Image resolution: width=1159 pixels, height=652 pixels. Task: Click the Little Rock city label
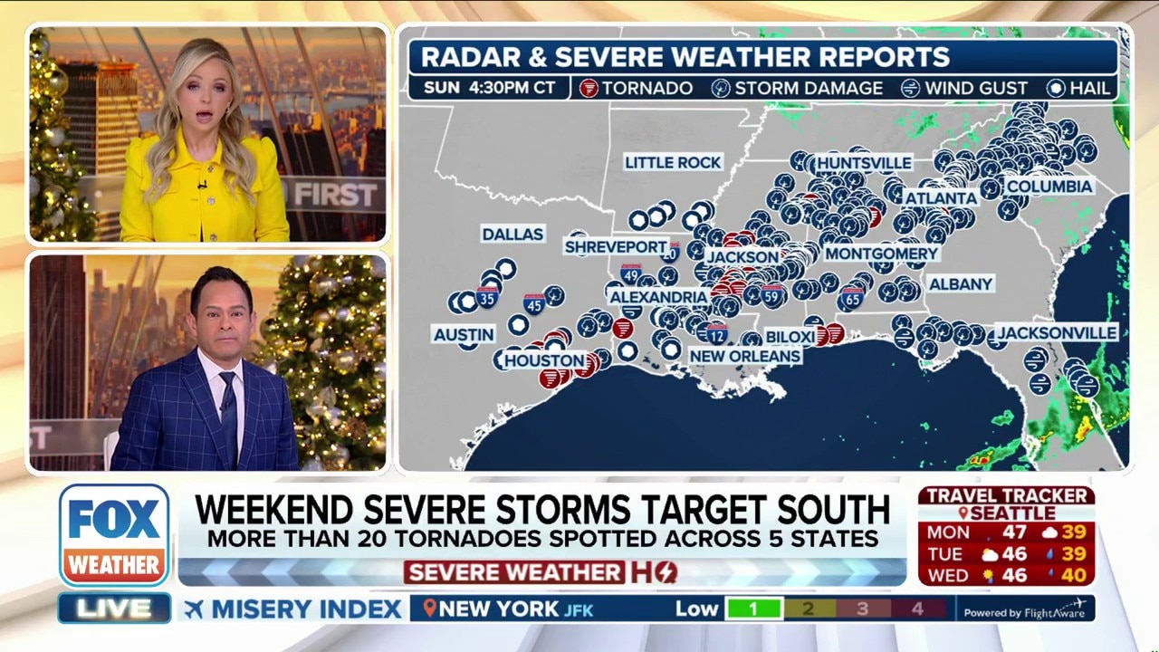tap(673, 162)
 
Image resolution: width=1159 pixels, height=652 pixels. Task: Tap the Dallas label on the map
tap(512, 234)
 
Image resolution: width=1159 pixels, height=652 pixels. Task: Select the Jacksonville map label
tap(1056, 332)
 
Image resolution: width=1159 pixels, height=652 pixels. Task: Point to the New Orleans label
tap(744, 356)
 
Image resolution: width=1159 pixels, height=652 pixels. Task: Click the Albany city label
tap(961, 283)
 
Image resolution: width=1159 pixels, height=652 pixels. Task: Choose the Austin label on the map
tap(464, 334)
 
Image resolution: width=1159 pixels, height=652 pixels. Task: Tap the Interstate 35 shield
tap(487, 296)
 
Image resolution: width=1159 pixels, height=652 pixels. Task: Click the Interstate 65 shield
tap(852, 296)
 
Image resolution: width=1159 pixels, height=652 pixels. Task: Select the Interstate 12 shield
tap(717, 333)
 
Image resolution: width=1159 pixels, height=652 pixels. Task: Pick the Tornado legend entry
tap(637, 88)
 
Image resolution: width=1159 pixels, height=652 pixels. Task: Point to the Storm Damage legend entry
tap(797, 88)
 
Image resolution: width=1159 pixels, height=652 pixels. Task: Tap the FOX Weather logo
tap(114, 534)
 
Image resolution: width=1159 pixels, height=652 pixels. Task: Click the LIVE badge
tap(114, 609)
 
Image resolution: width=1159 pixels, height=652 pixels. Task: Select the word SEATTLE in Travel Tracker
tap(1013, 513)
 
